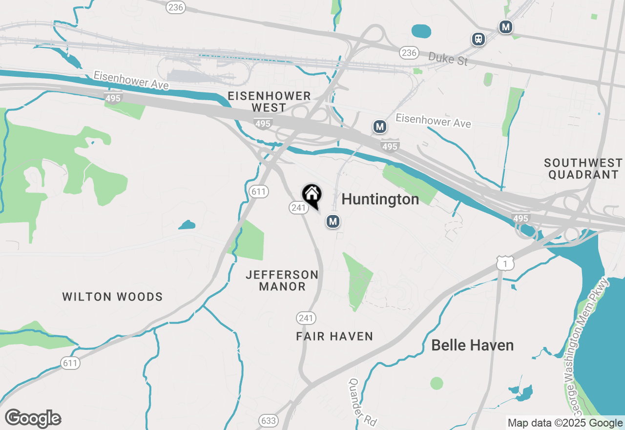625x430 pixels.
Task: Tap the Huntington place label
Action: [x=380, y=199]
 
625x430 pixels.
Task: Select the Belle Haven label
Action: [x=472, y=345]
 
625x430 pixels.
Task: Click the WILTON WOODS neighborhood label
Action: [x=113, y=297]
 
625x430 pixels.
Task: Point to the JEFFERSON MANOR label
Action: [x=282, y=280]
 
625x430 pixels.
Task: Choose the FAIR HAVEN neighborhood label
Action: [x=334, y=336]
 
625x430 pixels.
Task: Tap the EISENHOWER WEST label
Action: [x=269, y=102]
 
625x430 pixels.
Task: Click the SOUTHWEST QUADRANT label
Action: [x=583, y=169]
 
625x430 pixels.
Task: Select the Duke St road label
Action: [x=448, y=59]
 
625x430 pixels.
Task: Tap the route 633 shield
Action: [x=268, y=421]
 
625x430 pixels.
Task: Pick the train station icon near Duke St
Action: [x=479, y=39]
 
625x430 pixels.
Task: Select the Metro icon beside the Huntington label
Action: [x=333, y=222]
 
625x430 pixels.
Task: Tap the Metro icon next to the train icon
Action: [x=505, y=27]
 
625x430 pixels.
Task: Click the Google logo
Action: [x=33, y=419]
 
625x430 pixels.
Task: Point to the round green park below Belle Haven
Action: [x=437, y=383]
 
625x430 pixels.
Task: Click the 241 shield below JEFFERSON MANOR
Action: [x=306, y=319]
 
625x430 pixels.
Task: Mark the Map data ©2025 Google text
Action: [x=565, y=423]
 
